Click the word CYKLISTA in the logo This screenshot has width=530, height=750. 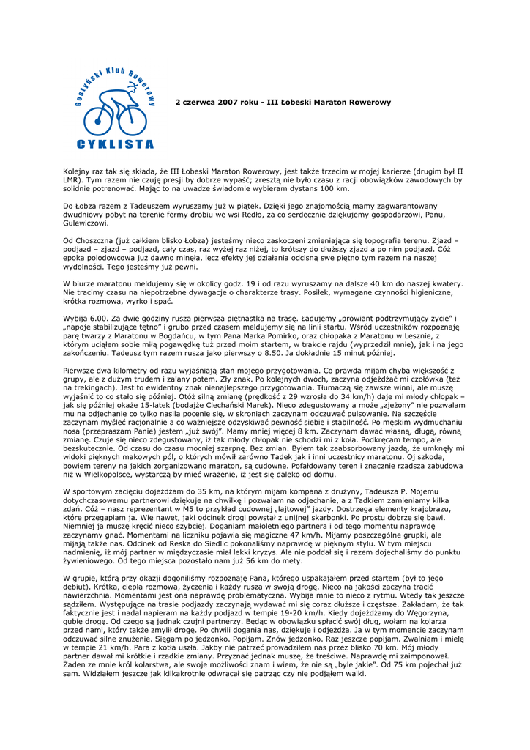click(115, 144)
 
